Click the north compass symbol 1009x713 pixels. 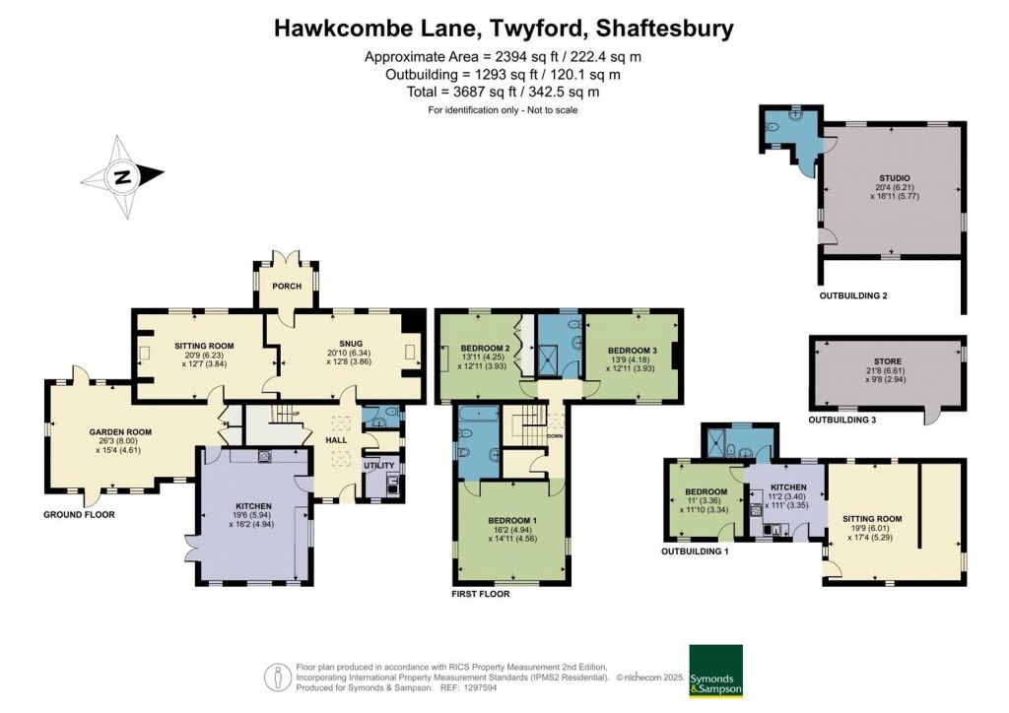[123, 178]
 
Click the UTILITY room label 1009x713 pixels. [379, 465]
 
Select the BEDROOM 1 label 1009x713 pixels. [509, 520]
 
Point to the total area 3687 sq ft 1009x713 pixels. [504, 92]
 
